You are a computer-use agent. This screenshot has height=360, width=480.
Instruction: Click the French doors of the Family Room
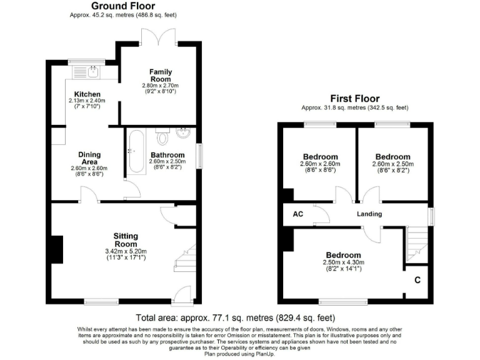pyautogui.click(x=154, y=37)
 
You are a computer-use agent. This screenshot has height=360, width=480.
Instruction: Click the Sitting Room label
pyautogui.click(x=125, y=236)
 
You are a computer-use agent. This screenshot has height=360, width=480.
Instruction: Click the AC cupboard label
pyautogui.click(x=298, y=214)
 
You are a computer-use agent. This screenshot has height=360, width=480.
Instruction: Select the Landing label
pyautogui.click(x=369, y=214)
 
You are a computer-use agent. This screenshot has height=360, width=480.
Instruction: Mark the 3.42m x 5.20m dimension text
pyautogui.click(x=125, y=251)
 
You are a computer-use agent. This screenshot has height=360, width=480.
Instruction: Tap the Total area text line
pyautogui.click(x=239, y=317)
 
